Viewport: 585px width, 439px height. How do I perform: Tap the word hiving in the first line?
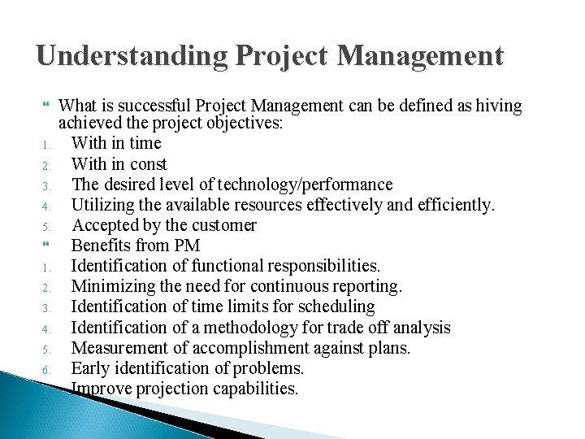click(499, 105)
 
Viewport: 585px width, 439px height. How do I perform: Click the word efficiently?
click(450, 205)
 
